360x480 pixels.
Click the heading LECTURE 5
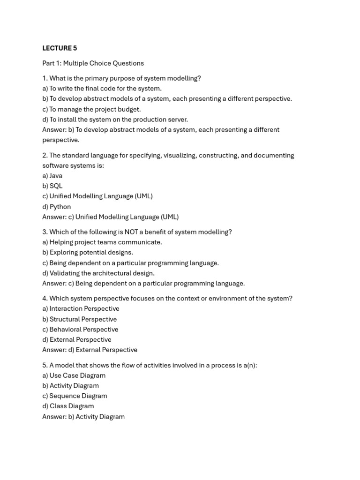[x=60, y=48]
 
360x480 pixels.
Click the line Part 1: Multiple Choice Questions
[x=93, y=63]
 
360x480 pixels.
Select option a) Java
[x=52, y=176]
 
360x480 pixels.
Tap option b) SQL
[x=52, y=186]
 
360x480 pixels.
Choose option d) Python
[x=56, y=207]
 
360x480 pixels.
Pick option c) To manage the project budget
[x=91, y=109]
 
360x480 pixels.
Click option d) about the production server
[x=115, y=120]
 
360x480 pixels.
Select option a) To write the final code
[x=102, y=89]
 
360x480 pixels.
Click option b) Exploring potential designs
[x=88, y=253]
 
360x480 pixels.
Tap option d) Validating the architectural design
[x=98, y=273]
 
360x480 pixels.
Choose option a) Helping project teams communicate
[x=102, y=242]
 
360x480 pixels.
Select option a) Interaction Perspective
[x=81, y=309]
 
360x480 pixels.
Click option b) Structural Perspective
[x=79, y=319]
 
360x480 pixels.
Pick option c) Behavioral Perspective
[x=80, y=330]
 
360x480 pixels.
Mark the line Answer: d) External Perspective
[x=90, y=350]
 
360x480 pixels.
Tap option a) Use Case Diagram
[x=74, y=375]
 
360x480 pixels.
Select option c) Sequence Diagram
[x=75, y=396]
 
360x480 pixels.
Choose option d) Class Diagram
[x=68, y=406]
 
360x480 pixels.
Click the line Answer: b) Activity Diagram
[x=83, y=417]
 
